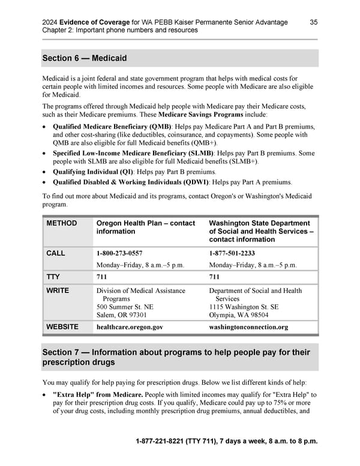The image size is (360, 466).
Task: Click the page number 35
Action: click(x=314, y=22)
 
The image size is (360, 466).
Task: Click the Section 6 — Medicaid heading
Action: click(x=85, y=58)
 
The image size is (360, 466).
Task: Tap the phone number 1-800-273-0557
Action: click(x=119, y=253)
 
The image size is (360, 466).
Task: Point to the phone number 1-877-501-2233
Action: click(x=232, y=253)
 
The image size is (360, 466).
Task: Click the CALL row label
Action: click(x=56, y=253)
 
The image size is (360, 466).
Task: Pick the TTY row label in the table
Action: click(x=54, y=277)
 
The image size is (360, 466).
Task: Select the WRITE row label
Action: click(x=58, y=291)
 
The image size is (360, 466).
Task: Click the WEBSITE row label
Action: click(x=62, y=327)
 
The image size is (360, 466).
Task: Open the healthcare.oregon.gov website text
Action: click(x=129, y=327)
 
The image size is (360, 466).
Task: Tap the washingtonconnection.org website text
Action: click(x=248, y=327)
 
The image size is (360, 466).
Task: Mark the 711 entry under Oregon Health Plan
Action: click(x=103, y=277)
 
